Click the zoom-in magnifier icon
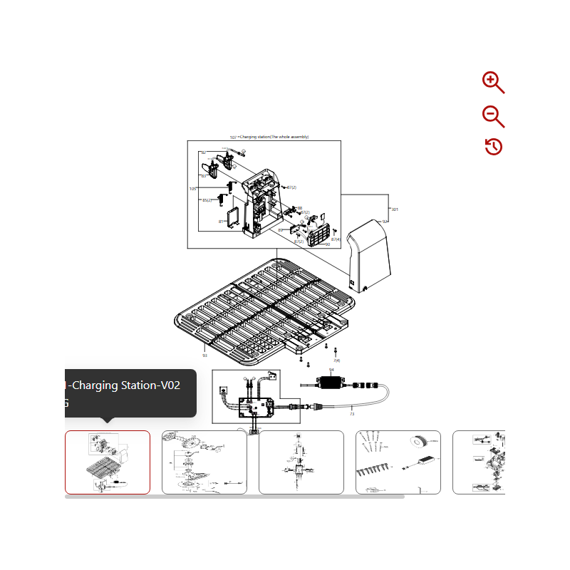click(x=492, y=82)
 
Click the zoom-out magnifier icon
click(x=492, y=115)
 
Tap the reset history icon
click(x=493, y=147)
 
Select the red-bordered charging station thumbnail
click(x=108, y=462)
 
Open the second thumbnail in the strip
click(x=204, y=462)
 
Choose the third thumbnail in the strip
click(x=301, y=462)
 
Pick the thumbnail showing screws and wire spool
click(x=398, y=462)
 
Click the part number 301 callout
click(x=395, y=209)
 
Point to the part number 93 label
click(x=204, y=355)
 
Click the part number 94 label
click(x=331, y=370)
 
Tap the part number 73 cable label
click(x=352, y=413)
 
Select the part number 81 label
click(x=222, y=222)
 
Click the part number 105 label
click(x=192, y=189)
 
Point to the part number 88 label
click(x=300, y=208)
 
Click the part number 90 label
click(x=327, y=244)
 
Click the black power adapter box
click(x=331, y=383)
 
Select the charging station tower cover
click(x=370, y=256)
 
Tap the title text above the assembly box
click(x=269, y=137)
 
